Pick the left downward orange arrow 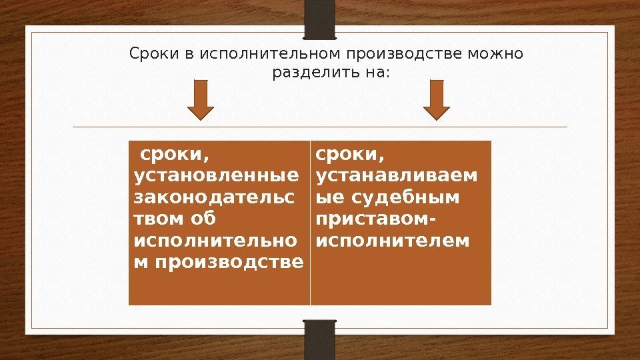point(201,99)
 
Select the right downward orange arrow point(437,99)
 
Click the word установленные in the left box point(217,176)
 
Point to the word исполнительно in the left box point(217,239)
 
